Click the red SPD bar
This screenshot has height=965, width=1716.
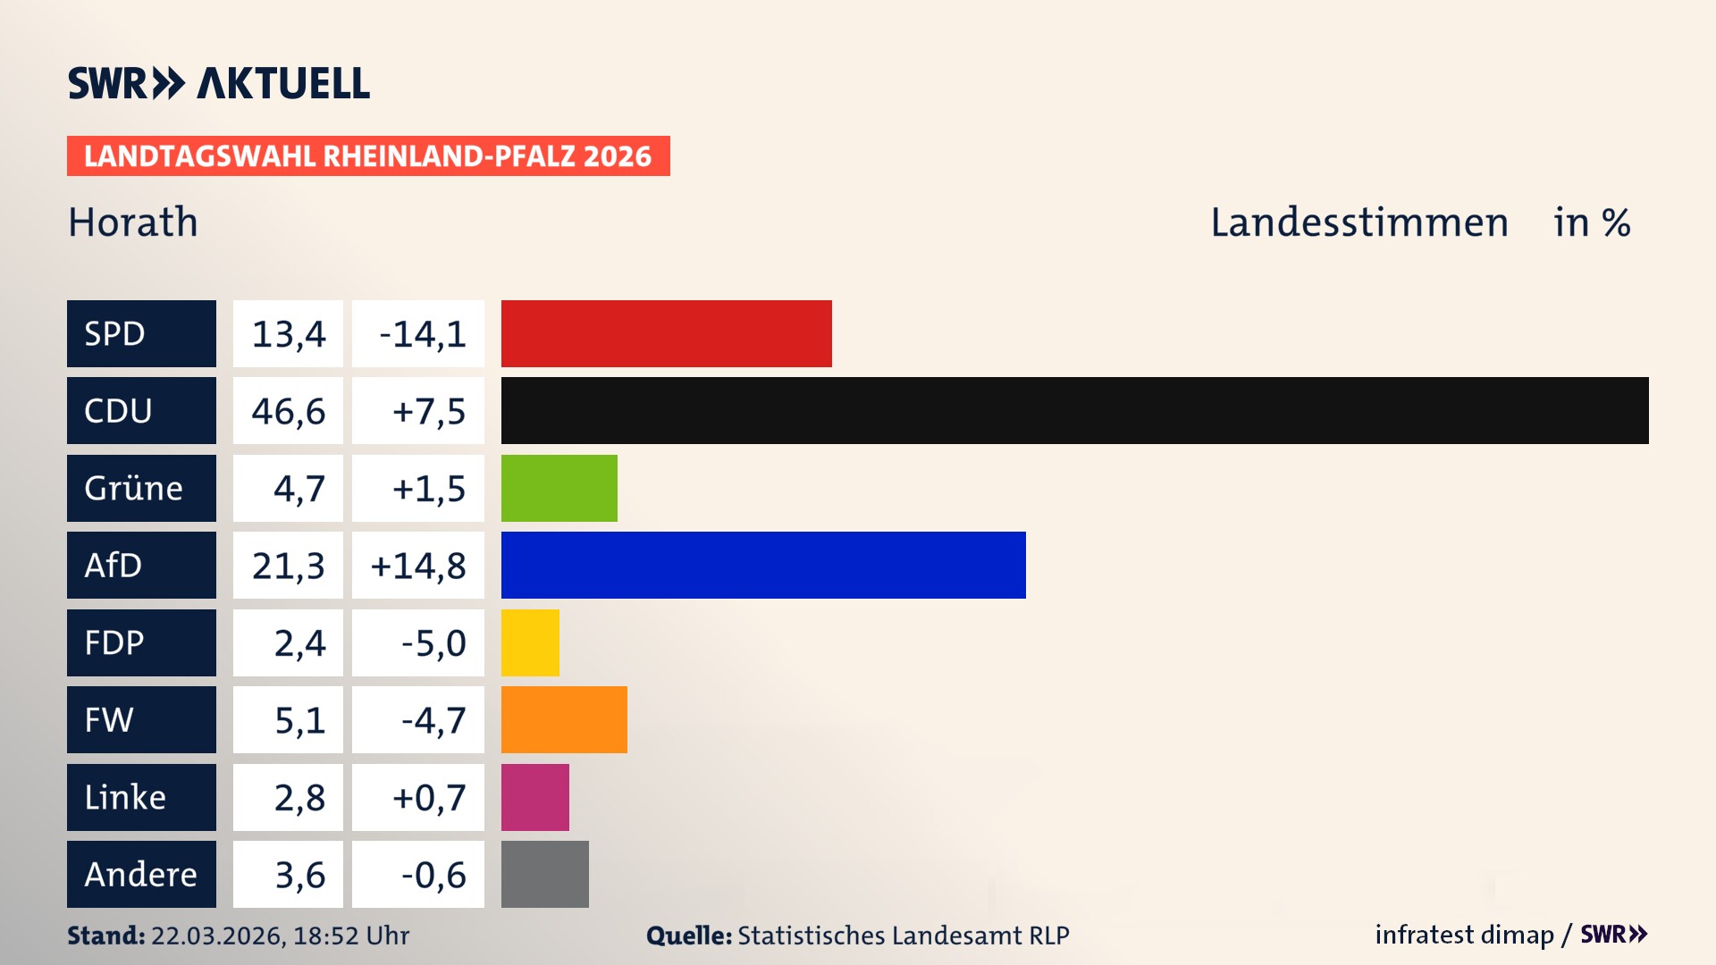(x=666, y=333)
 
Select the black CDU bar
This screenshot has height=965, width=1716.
(x=1074, y=410)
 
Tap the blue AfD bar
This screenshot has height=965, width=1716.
(x=763, y=565)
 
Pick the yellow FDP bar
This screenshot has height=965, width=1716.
(x=530, y=642)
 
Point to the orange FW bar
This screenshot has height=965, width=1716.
(x=564, y=719)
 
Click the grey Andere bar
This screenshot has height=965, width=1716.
(x=544, y=874)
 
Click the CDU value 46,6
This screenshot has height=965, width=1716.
(x=288, y=411)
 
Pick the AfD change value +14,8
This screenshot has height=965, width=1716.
(x=418, y=566)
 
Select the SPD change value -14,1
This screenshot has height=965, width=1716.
(x=422, y=334)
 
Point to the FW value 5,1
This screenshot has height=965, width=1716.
(x=299, y=720)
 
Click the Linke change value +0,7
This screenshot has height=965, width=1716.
(x=428, y=797)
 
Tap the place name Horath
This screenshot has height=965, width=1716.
(x=133, y=222)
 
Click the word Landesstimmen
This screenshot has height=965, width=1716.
(x=1358, y=222)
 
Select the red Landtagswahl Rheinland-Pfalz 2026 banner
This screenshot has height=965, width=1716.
(x=368, y=156)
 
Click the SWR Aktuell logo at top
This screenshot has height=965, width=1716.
(x=219, y=83)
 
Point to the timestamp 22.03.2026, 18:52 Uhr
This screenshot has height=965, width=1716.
(x=280, y=936)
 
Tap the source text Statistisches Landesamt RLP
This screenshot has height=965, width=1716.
(x=903, y=936)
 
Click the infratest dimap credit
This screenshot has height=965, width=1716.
(x=1464, y=935)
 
